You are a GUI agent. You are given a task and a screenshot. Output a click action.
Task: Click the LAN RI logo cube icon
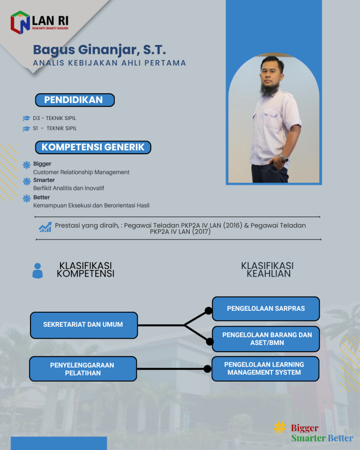pos(20,22)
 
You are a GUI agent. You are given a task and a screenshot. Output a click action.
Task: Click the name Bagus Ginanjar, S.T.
pos(99,50)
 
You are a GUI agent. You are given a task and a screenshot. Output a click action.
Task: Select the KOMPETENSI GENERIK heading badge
pos(93,147)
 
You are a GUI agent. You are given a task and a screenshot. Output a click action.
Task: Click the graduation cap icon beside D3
pos(26,119)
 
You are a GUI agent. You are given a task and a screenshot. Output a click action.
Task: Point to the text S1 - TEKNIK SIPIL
pos(55,128)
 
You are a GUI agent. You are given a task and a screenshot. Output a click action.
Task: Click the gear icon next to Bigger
pos(27,165)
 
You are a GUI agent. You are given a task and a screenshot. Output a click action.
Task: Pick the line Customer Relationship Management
pos(81,172)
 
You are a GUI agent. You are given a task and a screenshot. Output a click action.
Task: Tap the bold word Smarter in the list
pos(44,180)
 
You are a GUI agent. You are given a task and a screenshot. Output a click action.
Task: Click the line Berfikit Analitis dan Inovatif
pos(68,188)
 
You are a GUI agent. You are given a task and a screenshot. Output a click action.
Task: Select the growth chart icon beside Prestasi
pos(45,227)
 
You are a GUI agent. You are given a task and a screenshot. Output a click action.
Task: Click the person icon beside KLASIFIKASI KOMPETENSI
pos(37,270)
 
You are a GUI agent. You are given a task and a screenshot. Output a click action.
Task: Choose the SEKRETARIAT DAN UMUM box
pos(83,325)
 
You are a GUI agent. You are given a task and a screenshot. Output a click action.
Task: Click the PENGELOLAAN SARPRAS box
pos(266,308)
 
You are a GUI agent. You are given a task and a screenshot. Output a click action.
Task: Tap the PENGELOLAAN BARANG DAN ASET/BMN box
pos(266,339)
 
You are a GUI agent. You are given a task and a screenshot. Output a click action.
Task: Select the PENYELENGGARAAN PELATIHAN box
pos(82,369)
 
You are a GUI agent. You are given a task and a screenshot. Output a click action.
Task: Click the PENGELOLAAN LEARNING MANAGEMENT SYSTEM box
pos(265,368)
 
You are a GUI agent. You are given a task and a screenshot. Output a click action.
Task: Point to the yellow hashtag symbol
pos(280,427)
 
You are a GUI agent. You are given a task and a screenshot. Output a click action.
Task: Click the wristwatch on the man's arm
pos(283,157)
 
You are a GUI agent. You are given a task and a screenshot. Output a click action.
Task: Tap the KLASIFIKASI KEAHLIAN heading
pos(267,270)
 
